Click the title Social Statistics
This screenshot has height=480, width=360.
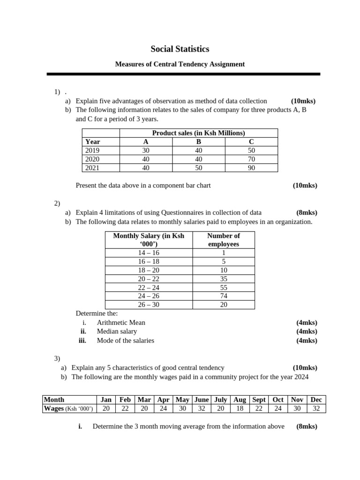[180, 49]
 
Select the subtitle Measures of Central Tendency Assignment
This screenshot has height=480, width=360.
[180, 64]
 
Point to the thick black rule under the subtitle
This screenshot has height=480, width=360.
[183, 74]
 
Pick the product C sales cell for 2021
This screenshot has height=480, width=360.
[251, 168]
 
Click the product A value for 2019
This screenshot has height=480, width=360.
[146, 150]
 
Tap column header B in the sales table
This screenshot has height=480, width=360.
[199, 142]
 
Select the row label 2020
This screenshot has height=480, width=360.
[92, 159]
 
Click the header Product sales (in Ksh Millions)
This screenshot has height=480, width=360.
[199, 133]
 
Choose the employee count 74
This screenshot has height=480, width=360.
[224, 296]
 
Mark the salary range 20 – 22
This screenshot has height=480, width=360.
[149, 278]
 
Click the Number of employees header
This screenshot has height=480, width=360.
[224, 240]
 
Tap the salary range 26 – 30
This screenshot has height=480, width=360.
[149, 305]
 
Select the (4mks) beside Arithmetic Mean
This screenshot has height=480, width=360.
[307, 322]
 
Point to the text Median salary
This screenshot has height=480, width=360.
[117, 331]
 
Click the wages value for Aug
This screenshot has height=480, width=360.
[240, 408]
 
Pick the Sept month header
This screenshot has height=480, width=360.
[259, 399]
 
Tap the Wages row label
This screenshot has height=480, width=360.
[68, 408]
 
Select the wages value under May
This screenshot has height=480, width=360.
[182, 408]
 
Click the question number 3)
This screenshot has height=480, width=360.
[57, 359]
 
